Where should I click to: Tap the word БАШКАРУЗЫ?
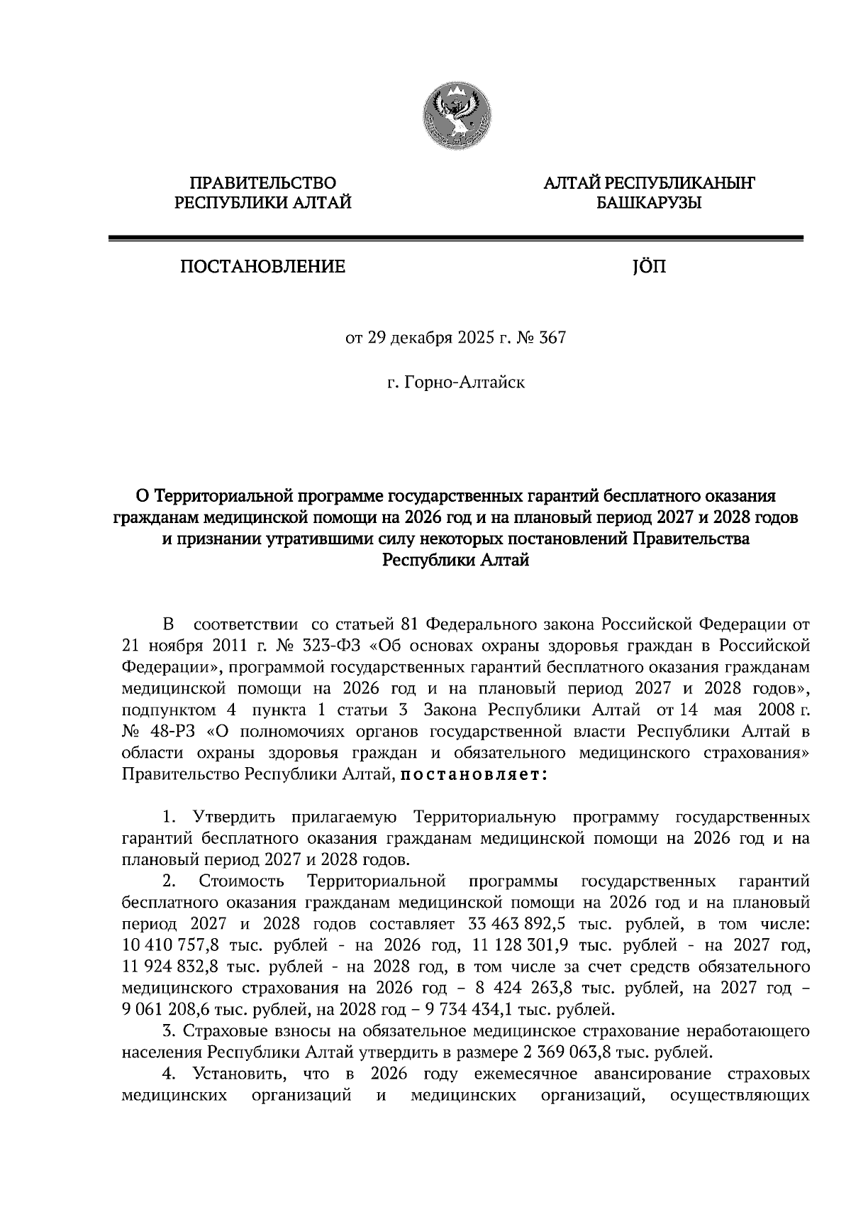tap(648, 204)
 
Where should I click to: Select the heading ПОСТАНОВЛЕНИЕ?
tap(263, 268)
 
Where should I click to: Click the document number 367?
tap(552, 338)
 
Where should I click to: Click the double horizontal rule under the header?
tap(455, 239)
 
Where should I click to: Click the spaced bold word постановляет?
tap(474, 774)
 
